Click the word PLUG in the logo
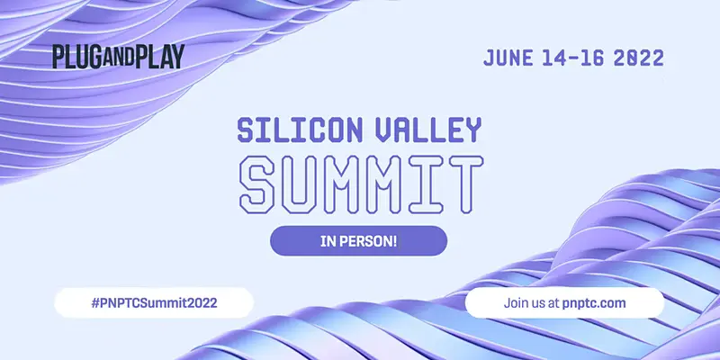click(71, 57)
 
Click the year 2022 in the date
click(638, 58)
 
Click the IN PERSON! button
click(358, 241)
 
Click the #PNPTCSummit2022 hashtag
click(154, 302)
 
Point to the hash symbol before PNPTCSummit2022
click(95, 302)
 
